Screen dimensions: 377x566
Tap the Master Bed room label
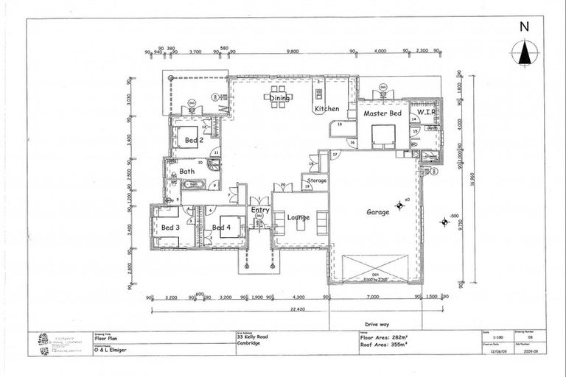click(x=382, y=114)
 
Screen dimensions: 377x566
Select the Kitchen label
click(x=327, y=109)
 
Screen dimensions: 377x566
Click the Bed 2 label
click(x=194, y=139)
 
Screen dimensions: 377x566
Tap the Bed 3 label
click(x=170, y=228)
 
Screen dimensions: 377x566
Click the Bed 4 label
click(x=222, y=228)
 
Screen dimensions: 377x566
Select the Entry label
click(x=260, y=210)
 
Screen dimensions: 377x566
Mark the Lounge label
click(x=298, y=218)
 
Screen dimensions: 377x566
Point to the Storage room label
click(x=317, y=180)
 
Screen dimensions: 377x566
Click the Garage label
click(x=378, y=212)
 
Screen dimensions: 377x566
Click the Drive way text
click(x=376, y=322)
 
